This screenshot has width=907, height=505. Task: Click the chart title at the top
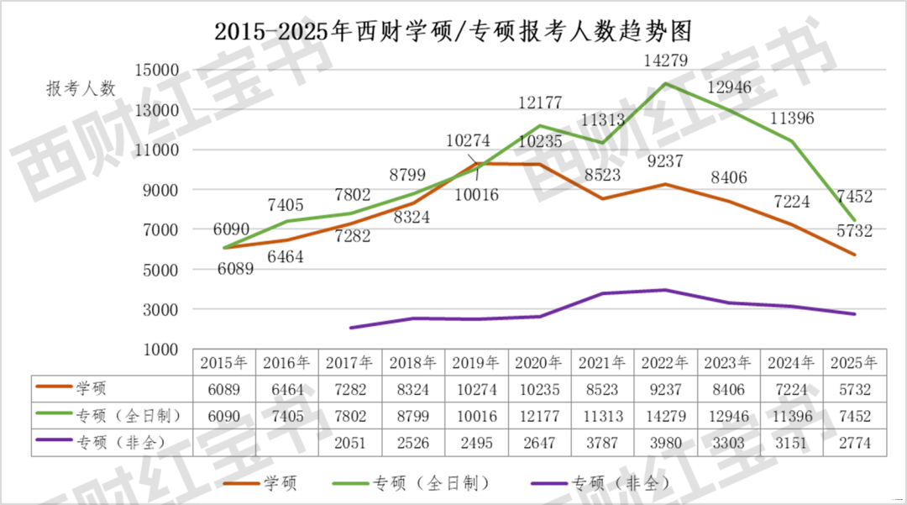(x=453, y=32)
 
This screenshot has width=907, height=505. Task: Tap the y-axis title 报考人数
(x=81, y=89)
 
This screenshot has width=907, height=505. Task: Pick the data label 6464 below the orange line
(x=286, y=257)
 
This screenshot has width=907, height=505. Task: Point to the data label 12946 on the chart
(x=729, y=87)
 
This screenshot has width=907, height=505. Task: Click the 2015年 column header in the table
(x=224, y=363)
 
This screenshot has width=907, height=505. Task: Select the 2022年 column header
(x=666, y=363)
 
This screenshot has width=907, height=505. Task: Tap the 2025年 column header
(x=854, y=363)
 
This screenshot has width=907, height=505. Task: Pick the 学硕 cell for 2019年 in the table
(x=476, y=390)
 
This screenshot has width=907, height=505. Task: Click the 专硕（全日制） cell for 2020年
(x=539, y=416)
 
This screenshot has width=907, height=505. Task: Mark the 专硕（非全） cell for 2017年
(x=350, y=443)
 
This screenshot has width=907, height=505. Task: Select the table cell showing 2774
(x=854, y=443)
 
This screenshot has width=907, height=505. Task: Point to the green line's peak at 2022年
(x=666, y=83)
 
